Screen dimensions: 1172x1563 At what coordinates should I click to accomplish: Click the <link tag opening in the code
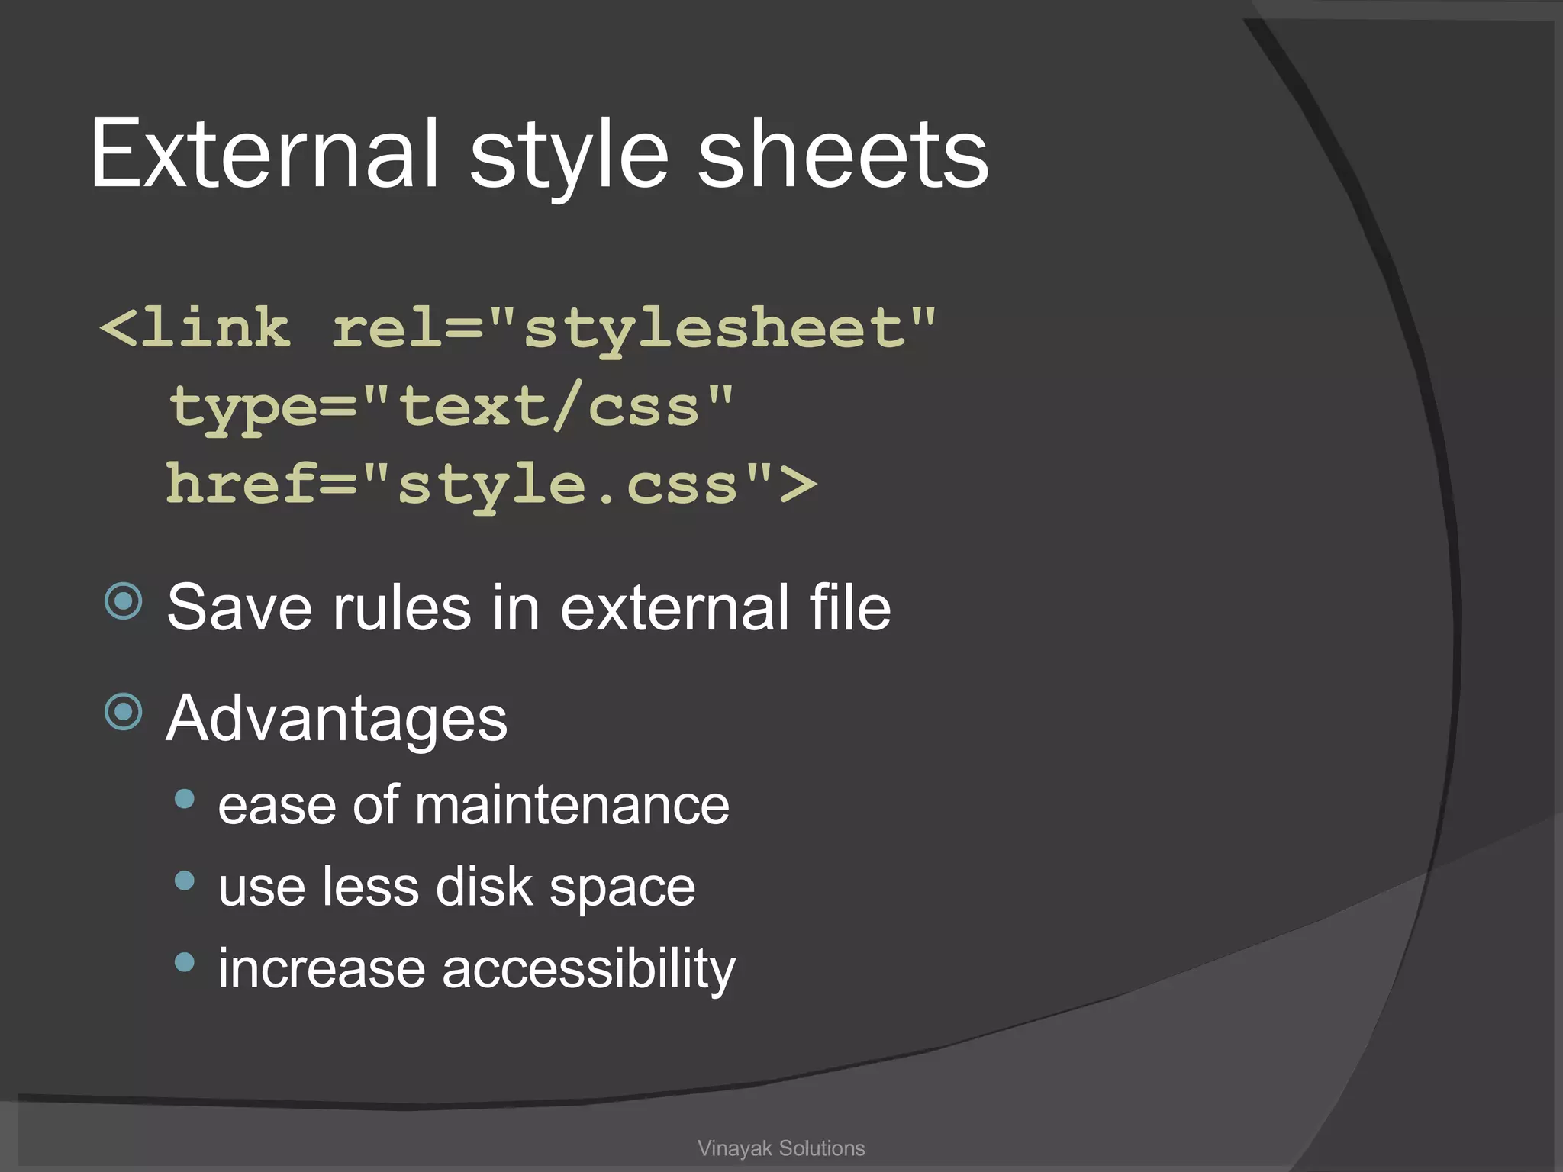(x=195, y=329)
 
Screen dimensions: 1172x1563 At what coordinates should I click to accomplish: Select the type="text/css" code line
(x=450, y=407)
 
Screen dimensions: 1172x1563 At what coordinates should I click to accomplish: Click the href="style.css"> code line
(x=491, y=485)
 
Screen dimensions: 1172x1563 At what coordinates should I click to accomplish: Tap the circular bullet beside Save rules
(x=124, y=601)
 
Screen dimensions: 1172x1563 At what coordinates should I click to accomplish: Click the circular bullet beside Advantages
(x=124, y=712)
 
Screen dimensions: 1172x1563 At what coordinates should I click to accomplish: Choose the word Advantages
(x=337, y=719)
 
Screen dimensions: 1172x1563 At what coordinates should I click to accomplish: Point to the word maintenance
(x=572, y=806)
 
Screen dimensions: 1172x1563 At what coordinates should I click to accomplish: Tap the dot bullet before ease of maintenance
(x=185, y=799)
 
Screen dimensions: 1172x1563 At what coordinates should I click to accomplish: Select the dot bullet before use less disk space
(x=185, y=881)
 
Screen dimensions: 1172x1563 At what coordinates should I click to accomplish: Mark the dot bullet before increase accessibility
(x=185, y=962)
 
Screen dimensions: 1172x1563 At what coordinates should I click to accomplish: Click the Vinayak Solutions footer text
(x=781, y=1148)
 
